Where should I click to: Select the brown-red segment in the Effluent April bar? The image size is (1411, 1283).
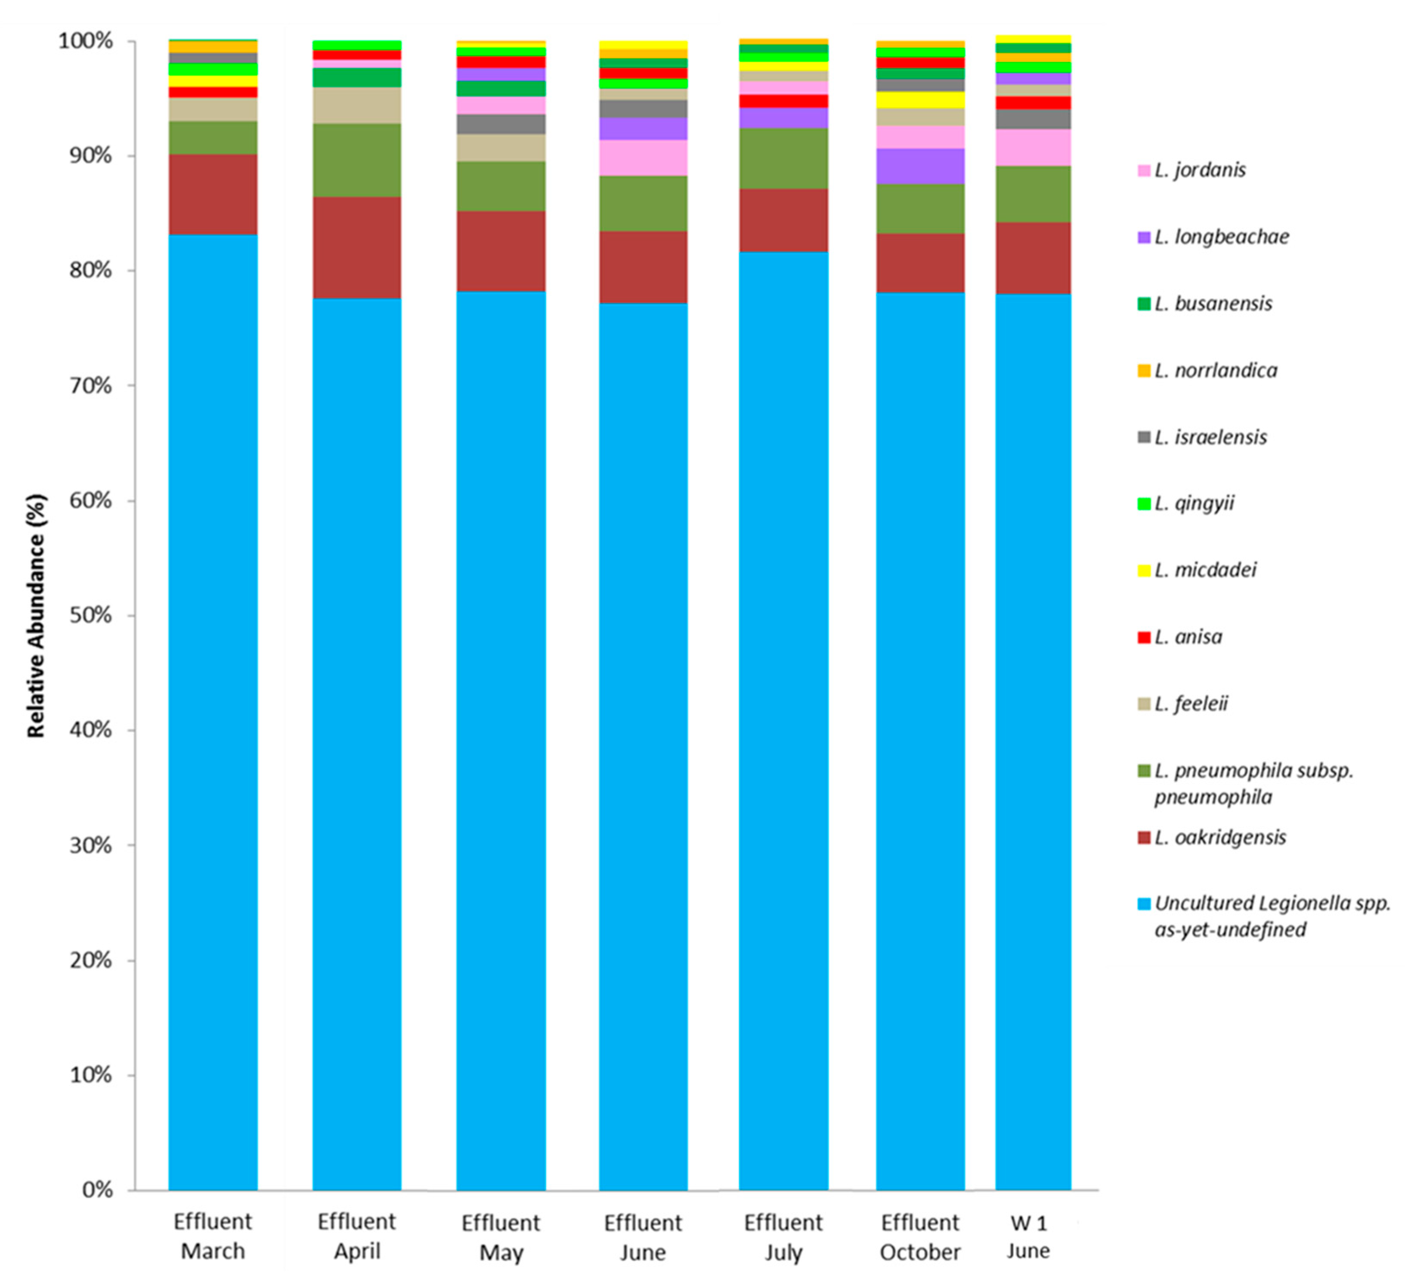(x=357, y=248)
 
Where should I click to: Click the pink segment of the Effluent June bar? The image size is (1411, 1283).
(x=643, y=157)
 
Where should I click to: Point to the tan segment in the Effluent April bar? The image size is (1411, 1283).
(x=357, y=106)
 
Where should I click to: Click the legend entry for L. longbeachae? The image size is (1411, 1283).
(x=1221, y=237)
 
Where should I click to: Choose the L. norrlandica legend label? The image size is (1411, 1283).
(x=1215, y=371)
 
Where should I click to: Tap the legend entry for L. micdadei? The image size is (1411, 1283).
(x=1205, y=570)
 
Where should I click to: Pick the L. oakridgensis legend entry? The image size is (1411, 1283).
(x=1220, y=837)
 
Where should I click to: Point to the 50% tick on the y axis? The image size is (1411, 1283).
(x=91, y=616)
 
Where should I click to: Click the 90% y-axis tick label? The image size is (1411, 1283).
(x=91, y=156)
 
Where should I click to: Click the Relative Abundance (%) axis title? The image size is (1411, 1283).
(x=37, y=616)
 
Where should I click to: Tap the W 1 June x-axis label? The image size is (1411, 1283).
(x=1028, y=1237)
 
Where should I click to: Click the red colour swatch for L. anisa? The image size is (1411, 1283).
(x=1144, y=637)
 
